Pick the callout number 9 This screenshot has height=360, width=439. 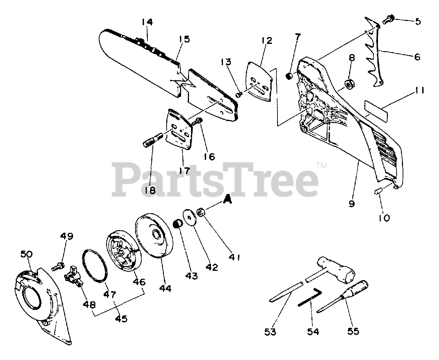pyautogui.click(x=352, y=204)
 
